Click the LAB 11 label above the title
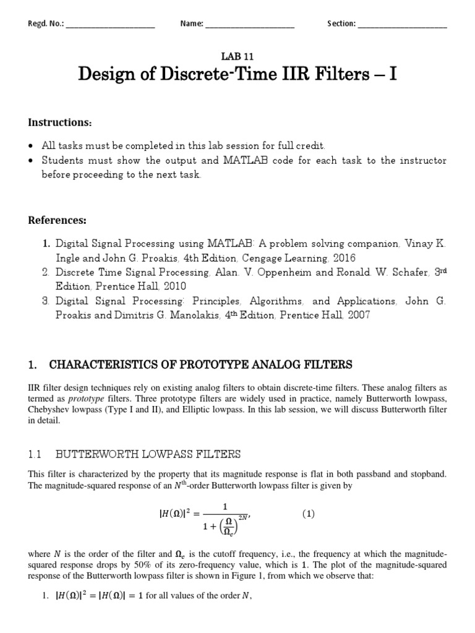237,54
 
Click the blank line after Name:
249,25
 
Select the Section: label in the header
341,24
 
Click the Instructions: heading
60,122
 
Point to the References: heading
58,220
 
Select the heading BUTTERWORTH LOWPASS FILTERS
148,454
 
